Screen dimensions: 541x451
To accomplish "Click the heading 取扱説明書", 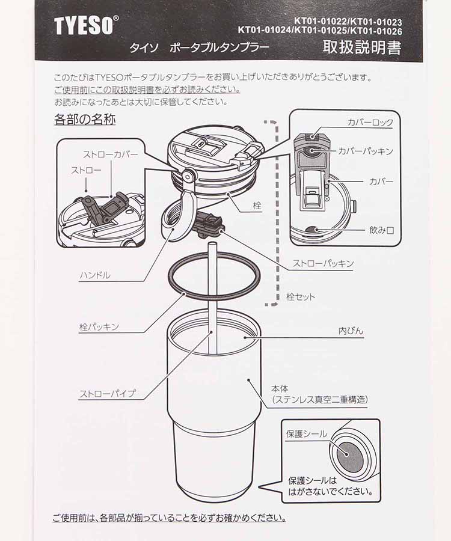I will [361, 47].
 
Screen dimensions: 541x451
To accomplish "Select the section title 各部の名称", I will [85, 119].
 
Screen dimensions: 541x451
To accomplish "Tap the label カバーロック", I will [370, 123].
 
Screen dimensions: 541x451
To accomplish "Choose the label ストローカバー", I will [110, 154].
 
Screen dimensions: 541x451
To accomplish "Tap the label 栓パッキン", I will [99, 327].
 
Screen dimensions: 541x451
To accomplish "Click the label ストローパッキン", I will [323, 263].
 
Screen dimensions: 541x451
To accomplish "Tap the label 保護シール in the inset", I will [307, 434].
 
